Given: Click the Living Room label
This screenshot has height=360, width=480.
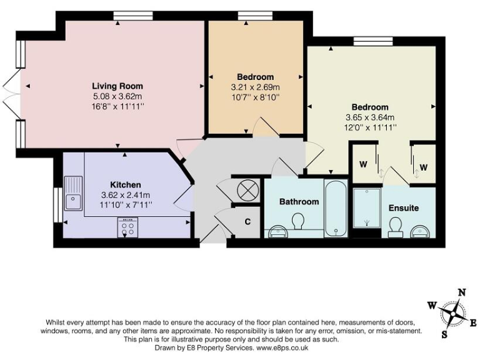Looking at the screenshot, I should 117,86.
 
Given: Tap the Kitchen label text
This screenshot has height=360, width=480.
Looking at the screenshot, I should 125,184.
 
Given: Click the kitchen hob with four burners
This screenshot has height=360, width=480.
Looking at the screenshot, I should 129,227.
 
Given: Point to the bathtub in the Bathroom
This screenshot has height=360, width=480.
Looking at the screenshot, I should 336,209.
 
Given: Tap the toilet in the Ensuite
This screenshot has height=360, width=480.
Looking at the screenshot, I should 395,232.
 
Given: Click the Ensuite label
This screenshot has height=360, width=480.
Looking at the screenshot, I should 403,207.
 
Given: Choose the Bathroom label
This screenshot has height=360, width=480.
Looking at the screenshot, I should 299,201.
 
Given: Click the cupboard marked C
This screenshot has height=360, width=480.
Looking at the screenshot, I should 247,221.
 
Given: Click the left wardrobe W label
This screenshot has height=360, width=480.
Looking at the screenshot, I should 362,166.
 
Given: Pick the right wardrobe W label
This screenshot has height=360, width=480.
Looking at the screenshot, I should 423,167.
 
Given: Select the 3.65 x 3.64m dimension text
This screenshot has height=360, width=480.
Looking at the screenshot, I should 370,117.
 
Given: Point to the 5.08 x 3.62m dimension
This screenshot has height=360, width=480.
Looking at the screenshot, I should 117,96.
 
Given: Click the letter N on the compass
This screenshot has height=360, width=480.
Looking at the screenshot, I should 462,292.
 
